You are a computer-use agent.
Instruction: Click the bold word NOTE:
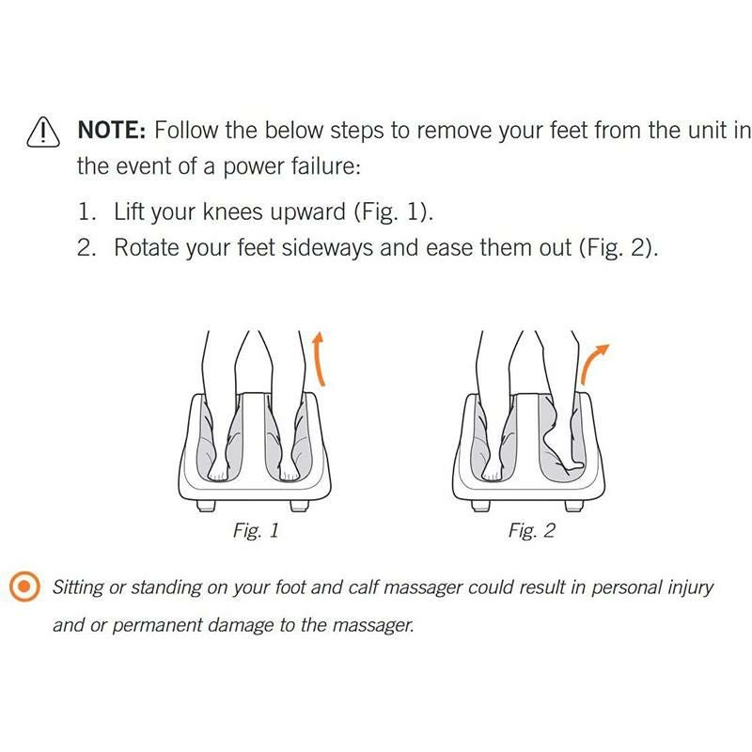point(111,130)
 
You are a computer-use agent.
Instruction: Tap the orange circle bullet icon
point(25,588)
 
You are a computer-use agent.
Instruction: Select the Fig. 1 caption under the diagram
point(256,531)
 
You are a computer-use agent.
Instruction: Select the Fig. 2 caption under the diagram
point(531,531)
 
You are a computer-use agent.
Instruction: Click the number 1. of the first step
point(86,211)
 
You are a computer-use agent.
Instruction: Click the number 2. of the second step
point(86,248)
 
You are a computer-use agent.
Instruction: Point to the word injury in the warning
point(685,588)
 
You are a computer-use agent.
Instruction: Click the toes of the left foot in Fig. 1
point(217,475)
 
